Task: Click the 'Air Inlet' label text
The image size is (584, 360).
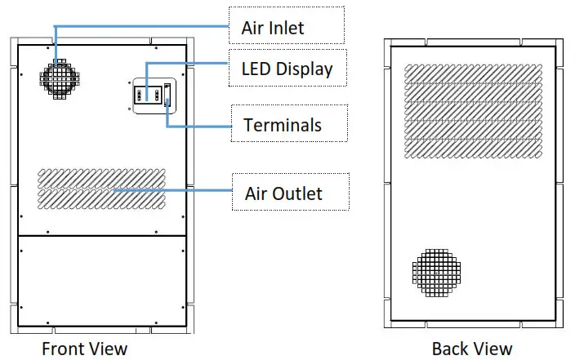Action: (272, 28)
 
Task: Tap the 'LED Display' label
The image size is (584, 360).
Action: (287, 69)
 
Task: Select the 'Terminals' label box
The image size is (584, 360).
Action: (283, 125)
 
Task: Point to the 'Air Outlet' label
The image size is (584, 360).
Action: (283, 193)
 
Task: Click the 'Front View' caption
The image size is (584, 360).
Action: (85, 349)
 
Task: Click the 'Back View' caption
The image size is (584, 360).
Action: (472, 349)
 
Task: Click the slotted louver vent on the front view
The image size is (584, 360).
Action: (101, 189)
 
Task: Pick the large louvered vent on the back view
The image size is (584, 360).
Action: (474, 111)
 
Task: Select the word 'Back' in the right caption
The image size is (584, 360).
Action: (449, 349)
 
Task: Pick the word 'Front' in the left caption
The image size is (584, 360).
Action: (62, 349)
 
